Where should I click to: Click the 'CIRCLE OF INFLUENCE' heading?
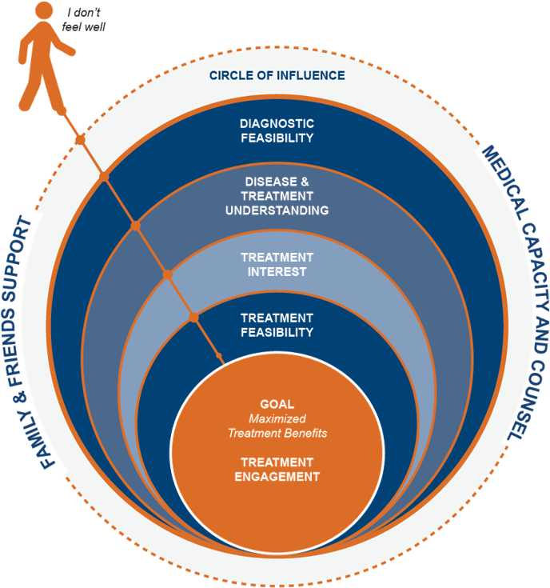277,75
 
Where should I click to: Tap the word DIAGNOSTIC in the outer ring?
277,123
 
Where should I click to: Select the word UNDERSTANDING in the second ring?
277,210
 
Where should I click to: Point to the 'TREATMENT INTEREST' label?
277,264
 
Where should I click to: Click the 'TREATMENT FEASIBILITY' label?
277,324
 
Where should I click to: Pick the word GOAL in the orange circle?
277,402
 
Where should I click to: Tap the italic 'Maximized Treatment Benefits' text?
277,426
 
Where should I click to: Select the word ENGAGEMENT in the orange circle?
277,477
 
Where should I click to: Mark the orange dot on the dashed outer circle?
80,141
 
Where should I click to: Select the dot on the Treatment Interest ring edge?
168,274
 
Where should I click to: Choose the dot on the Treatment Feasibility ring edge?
193,318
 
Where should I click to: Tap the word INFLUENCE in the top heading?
312,75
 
